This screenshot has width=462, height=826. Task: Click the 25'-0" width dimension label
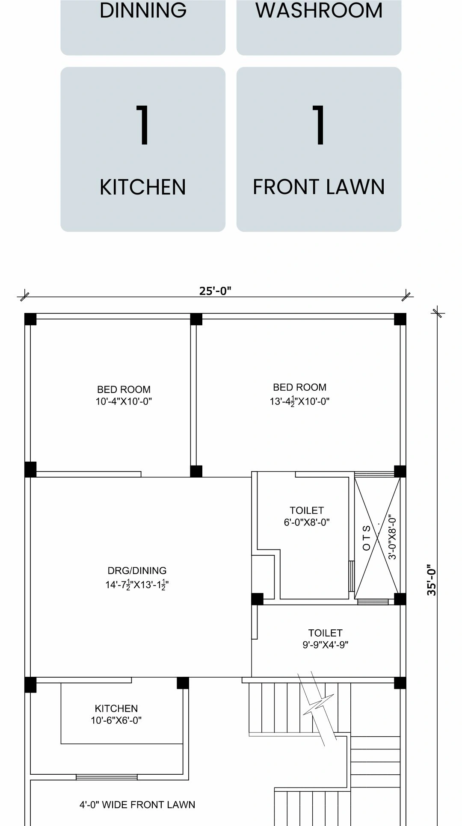pyautogui.click(x=215, y=291)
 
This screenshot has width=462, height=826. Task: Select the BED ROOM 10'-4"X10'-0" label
pyautogui.click(x=124, y=395)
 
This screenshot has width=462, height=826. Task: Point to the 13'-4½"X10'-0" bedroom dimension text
pyautogui.click(x=299, y=401)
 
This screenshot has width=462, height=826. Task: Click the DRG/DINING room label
pyautogui.click(x=137, y=570)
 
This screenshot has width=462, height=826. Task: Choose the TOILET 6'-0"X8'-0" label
pyautogui.click(x=307, y=516)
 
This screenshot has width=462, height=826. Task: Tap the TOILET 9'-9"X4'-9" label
pyautogui.click(x=326, y=639)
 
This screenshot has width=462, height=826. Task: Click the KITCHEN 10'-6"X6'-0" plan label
pyautogui.click(x=116, y=714)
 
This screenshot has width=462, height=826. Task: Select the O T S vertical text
pyautogui.click(x=367, y=538)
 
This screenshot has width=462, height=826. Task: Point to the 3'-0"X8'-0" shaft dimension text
pyautogui.click(x=393, y=538)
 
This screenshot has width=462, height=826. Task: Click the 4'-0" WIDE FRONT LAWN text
pyautogui.click(x=137, y=805)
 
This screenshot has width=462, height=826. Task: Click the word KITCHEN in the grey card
pyautogui.click(x=143, y=187)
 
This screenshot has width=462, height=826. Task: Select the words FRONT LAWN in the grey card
pyautogui.click(x=319, y=187)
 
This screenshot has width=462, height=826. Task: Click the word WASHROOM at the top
pyautogui.click(x=319, y=10)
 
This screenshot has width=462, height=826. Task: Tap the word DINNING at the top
pyautogui.click(x=143, y=10)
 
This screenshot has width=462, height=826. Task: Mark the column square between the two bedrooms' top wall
pyautogui.click(x=196, y=319)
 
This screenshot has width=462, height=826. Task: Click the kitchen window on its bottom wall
pyautogui.click(x=107, y=777)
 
